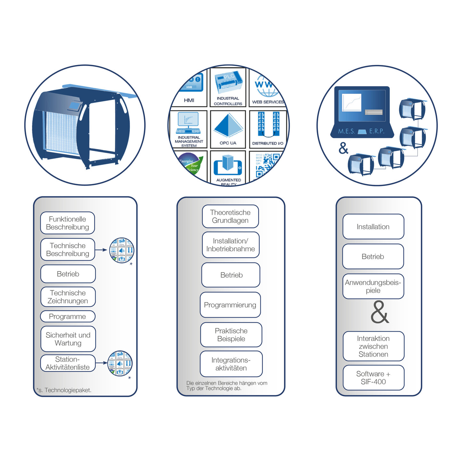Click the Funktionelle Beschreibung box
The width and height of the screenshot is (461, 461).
click(68, 223)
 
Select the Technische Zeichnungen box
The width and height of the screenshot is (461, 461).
click(68, 297)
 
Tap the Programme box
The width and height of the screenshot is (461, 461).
click(68, 316)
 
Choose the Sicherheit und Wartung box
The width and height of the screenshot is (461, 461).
click(68, 339)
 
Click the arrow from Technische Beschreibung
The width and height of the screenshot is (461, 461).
click(101, 250)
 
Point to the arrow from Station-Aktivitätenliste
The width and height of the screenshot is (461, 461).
click(101, 363)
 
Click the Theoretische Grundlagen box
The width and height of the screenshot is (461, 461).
click(230, 216)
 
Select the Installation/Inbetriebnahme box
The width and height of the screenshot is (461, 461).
click(230, 245)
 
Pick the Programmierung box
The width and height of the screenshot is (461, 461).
click(230, 305)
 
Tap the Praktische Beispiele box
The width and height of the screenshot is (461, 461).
click(231, 335)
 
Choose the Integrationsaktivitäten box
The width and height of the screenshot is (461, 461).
click(231, 364)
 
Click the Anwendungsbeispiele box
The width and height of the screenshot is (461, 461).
click(373, 286)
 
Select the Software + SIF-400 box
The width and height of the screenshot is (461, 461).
click(373, 378)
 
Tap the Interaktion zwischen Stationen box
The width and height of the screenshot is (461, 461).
click(373, 346)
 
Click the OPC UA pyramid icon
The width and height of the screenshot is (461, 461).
click(228, 126)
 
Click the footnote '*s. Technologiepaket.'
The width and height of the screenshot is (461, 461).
click(64, 390)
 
